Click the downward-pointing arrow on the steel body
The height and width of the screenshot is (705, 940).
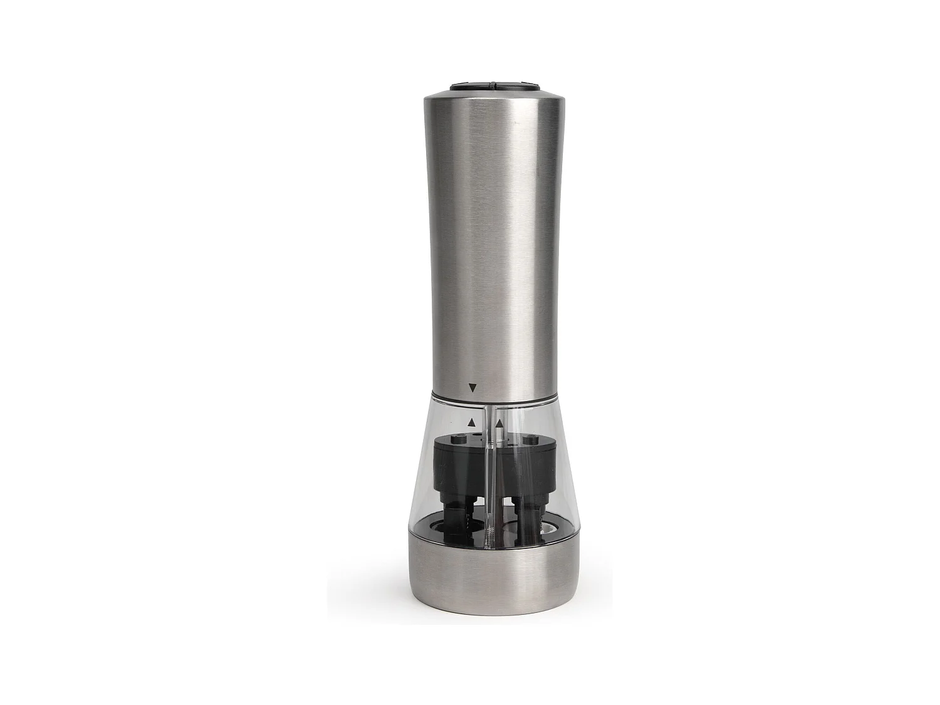click(x=472, y=388)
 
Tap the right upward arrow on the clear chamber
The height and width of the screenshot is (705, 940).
click(x=499, y=424)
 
